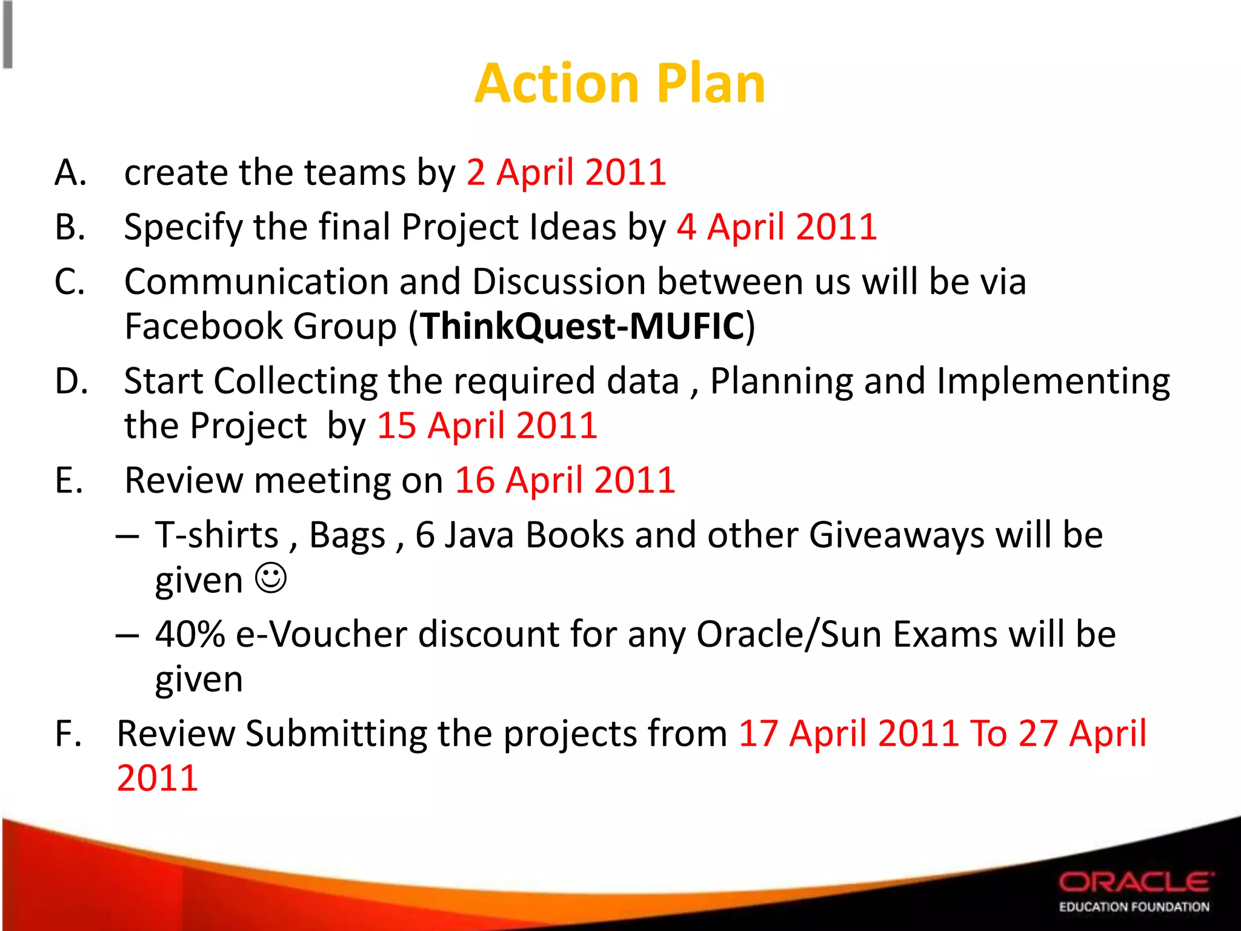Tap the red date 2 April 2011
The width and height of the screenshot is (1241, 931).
[567, 172]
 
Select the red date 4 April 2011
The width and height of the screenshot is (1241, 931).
[777, 227]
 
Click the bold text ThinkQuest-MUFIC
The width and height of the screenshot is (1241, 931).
[582, 327]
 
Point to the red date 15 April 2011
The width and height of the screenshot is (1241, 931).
[487, 425]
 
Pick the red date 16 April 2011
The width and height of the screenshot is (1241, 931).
[565, 481]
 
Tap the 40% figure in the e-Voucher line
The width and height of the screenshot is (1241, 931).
[190, 635]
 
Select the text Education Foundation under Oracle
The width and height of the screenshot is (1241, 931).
[1134, 907]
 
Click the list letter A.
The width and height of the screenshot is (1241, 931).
[70, 173]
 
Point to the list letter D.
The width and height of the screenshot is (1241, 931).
[72, 382]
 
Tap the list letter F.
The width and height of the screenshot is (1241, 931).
[68, 734]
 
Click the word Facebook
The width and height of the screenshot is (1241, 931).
[203, 327]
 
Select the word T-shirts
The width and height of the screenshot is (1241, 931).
[216, 535]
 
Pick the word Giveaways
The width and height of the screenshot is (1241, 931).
[897, 535]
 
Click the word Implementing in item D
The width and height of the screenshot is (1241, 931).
[1053, 382]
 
